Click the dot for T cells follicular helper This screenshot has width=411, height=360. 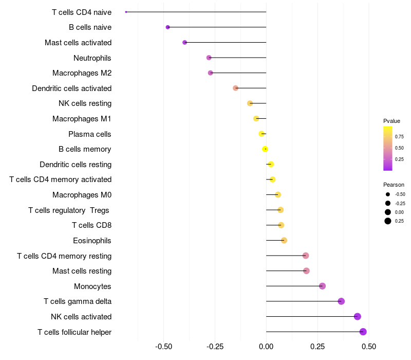pyautogui.click(x=363, y=332)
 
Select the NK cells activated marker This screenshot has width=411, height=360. pyautogui.click(x=358, y=317)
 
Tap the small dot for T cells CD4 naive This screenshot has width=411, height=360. pyautogui.click(x=126, y=12)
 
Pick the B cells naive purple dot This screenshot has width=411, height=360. pyautogui.click(x=167, y=27)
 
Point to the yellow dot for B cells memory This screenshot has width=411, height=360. pyautogui.click(x=265, y=149)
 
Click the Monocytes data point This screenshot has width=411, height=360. pyautogui.click(x=322, y=286)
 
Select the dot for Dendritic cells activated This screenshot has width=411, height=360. pyautogui.click(x=236, y=88)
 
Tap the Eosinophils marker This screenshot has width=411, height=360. pyautogui.click(x=284, y=240)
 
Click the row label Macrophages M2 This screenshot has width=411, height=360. pyautogui.click(x=82, y=73)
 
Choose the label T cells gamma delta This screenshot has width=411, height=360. pyautogui.click(x=78, y=301)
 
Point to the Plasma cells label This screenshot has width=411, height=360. pyautogui.click(x=90, y=134)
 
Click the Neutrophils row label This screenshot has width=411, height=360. pyautogui.click(x=92, y=58)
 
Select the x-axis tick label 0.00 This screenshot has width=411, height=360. pyautogui.click(x=266, y=346)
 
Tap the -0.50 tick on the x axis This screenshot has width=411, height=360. pyautogui.click(x=163, y=346)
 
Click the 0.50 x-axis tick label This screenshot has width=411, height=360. pyautogui.click(x=368, y=346)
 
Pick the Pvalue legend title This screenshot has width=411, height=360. pyautogui.click(x=391, y=121)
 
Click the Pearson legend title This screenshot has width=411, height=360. pyautogui.click(x=394, y=185)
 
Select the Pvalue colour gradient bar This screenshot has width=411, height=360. pyautogui.click(x=387, y=148)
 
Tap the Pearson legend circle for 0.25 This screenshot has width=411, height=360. pyautogui.click(x=387, y=221)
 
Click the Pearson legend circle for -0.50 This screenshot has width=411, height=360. pyautogui.click(x=387, y=194)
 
